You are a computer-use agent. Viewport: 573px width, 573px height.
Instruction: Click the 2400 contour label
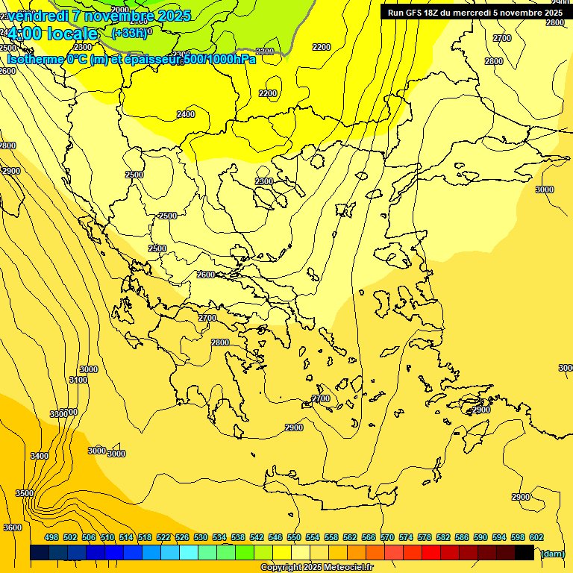tap(186, 114)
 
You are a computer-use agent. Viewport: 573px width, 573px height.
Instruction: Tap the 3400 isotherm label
tap(40, 456)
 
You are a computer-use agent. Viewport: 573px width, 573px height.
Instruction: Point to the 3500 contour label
tap(24, 493)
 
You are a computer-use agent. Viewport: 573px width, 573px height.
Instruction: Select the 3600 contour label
tap(13, 527)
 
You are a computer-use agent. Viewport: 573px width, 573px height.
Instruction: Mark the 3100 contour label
tap(78, 380)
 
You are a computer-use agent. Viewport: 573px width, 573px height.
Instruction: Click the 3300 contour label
tap(59, 414)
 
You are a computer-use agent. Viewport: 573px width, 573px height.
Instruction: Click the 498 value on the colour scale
tap(51, 537)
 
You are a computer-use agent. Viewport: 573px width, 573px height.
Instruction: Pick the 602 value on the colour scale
tap(536, 537)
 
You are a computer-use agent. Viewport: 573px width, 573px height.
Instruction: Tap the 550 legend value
tap(294, 537)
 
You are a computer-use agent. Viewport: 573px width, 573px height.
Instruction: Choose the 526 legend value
tap(182, 537)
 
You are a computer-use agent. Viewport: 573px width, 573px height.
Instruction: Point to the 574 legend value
tap(406, 537)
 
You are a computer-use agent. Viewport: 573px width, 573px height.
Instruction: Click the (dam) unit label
tap(552, 554)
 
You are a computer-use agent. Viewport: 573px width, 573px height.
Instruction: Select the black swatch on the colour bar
tap(525, 553)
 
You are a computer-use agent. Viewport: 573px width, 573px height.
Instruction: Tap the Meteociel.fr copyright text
tap(317, 568)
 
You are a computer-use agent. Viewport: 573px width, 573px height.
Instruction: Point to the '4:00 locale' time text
tap(52, 34)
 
